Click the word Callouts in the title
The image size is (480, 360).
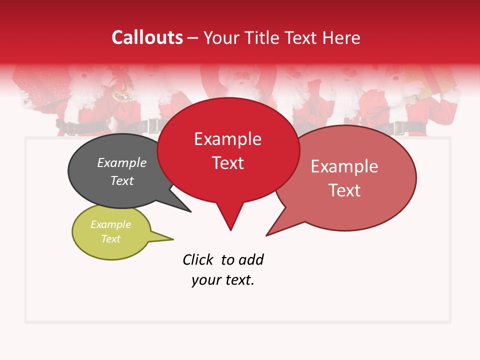(147, 37)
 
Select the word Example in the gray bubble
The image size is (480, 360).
(122, 162)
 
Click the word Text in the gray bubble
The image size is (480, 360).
(122, 180)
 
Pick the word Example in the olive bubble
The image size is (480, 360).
(110, 224)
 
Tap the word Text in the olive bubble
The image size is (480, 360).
(110, 239)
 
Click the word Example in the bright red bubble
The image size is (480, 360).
(227, 139)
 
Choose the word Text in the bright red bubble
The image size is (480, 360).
(227, 163)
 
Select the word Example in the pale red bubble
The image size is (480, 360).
(344, 166)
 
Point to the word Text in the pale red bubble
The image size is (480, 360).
(344, 190)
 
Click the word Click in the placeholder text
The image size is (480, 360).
(197, 259)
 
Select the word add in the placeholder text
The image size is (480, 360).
(251, 259)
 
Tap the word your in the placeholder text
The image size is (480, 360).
(203, 280)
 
